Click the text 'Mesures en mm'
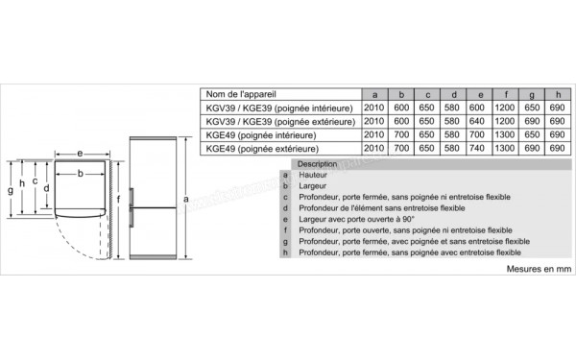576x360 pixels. coord(539,271)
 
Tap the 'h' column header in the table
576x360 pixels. coord(557,94)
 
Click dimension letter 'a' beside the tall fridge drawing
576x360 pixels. coord(183,200)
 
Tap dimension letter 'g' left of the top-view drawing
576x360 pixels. coord(10,190)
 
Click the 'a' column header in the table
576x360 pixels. coord(375,94)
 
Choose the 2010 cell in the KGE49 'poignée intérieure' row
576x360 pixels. coord(375,135)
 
